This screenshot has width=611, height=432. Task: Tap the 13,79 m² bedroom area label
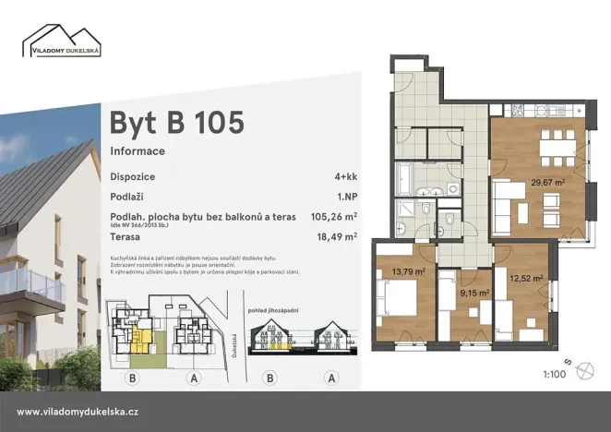click(x=406, y=271)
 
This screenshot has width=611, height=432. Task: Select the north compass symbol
click(x=584, y=371)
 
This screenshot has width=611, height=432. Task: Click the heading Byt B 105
click(x=177, y=122)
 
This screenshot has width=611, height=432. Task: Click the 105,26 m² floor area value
click(x=334, y=218)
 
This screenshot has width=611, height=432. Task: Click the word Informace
click(x=138, y=150)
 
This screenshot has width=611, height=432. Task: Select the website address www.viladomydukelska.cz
click(x=78, y=412)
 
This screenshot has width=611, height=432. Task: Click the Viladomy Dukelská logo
click(x=63, y=42)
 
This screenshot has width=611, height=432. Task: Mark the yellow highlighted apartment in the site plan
click(x=138, y=338)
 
